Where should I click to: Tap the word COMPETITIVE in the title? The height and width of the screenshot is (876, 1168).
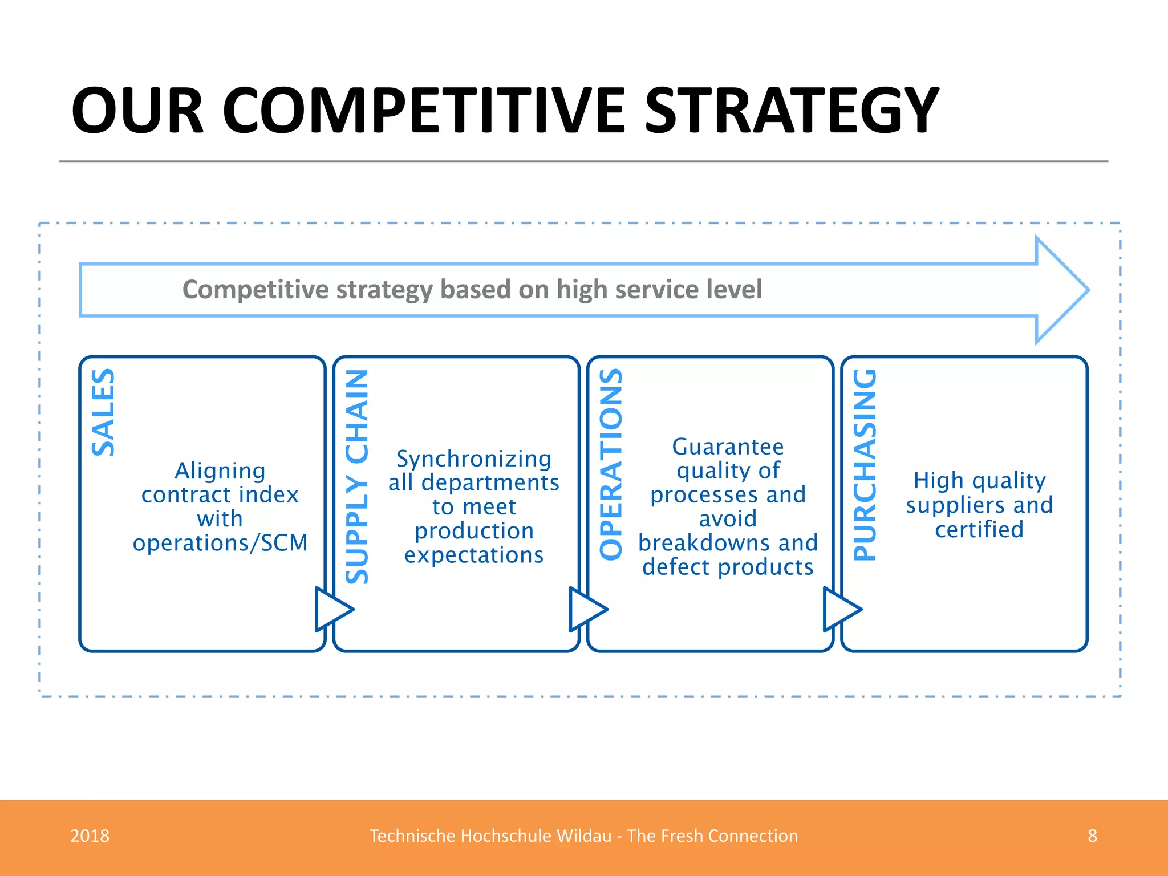[x=424, y=111]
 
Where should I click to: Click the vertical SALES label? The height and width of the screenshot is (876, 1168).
[x=103, y=412]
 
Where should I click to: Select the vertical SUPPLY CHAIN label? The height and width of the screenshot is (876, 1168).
[x=358, y=477]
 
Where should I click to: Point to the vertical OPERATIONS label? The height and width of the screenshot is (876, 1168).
[x=611, y=464]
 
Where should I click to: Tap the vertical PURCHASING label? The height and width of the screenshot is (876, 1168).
[x=865, y=465]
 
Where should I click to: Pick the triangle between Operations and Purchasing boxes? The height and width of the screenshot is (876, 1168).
[x=839, y=610]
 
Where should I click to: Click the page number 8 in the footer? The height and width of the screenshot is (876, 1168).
[x=1092, y=836]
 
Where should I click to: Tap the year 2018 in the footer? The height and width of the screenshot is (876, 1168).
[x=90, y=836]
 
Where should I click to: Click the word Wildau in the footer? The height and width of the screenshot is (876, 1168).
[x=584, y=836]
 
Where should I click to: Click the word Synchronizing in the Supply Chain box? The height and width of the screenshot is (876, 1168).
[x=473, y=459]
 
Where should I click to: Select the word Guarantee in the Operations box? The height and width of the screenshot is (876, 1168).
[x=728, y=447]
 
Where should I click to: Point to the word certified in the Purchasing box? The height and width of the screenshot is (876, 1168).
[x=979, y=530]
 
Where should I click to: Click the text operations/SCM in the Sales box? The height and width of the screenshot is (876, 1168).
[x=220, y=543]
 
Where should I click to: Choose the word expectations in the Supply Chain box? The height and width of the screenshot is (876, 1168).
[x=473, y=555]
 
